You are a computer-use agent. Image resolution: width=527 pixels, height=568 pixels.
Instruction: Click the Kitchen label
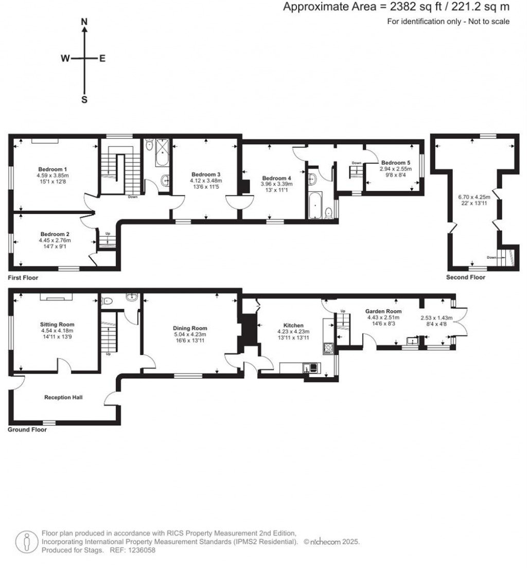[293, 326]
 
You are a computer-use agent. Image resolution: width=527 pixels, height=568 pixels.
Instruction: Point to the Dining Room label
[190, 328]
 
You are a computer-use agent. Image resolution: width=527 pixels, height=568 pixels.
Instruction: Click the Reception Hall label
[63, 397]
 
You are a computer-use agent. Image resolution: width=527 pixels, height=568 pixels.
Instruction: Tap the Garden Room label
[383, 311]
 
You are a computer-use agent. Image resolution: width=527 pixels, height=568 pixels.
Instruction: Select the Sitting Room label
[57, 324]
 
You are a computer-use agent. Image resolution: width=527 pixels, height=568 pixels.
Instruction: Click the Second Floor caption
[466, 277]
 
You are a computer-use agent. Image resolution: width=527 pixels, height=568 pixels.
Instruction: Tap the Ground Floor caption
[27, 430]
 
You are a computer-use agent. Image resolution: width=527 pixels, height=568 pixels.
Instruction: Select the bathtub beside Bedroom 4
[314, 206]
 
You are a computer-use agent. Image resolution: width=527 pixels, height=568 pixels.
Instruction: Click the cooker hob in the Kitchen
[327, 348]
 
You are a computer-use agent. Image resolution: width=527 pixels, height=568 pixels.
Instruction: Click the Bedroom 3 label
[206, 174]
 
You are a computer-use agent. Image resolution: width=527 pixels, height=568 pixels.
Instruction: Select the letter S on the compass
[85, 100]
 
